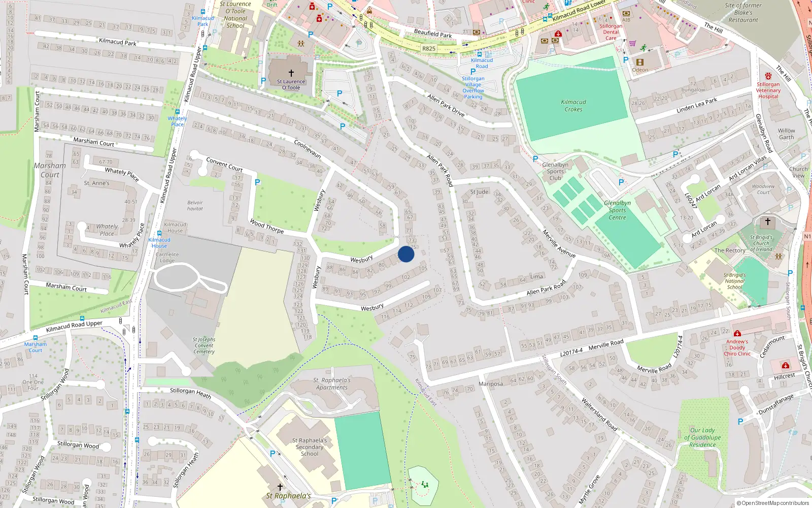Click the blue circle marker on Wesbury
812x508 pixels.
pyautogui.click(x=406, y=254)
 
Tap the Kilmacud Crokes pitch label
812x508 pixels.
pyautogui.click(x=573, y=106)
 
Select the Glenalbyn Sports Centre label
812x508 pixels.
pyautogui.click(x=617, y=210)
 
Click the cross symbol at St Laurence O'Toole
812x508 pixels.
pyautogui.click(x=291, y=73)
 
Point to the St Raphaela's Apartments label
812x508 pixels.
pyautogui.click(x=332, y=384)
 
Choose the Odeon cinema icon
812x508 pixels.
pyautogui.click(x=639, y=62)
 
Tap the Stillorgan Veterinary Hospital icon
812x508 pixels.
pyautogui.click(x=768, y=76)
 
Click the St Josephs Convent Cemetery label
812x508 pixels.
pyautogui.click(x=204, y=345)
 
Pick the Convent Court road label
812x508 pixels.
pyautogui.click(x=224, y=165)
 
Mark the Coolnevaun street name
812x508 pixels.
pyautogui.click(x=308, y=149)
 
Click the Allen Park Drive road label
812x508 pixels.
pyautogui.click(x=446, y=105)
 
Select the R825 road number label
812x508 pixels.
pyautogui.click(x=429, y=49)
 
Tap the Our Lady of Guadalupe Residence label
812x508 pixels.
pyautogui.click(x=702, y=437)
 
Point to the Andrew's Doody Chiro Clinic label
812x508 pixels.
pyautogui.click(x=737, y=347)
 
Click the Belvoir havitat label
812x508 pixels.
pyautogui.click(x=195, y=206)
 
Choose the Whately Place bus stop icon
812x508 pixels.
pyautogui.click(x=178, y=112)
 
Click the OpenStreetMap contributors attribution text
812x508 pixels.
pyautogui.click(x=773, y=503)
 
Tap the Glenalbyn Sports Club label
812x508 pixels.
pyautogui.click(x=555, y=171)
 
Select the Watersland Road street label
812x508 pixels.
pyautogui.click(x=599, y=415)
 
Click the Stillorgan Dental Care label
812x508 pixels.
pyautogui.click(x=611, y=32)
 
